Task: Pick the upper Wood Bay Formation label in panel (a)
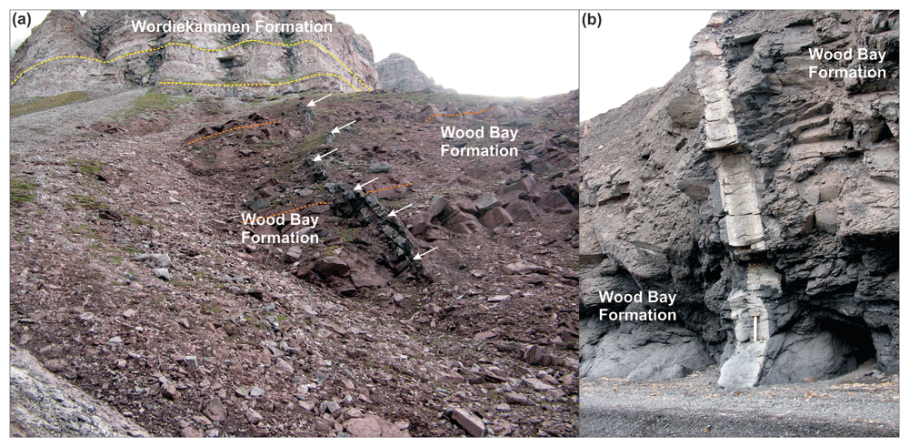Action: [479, 140]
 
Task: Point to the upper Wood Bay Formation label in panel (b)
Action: [847, 64]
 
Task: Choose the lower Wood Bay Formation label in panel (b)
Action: [638, 306]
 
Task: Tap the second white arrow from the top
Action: [345, 126]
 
